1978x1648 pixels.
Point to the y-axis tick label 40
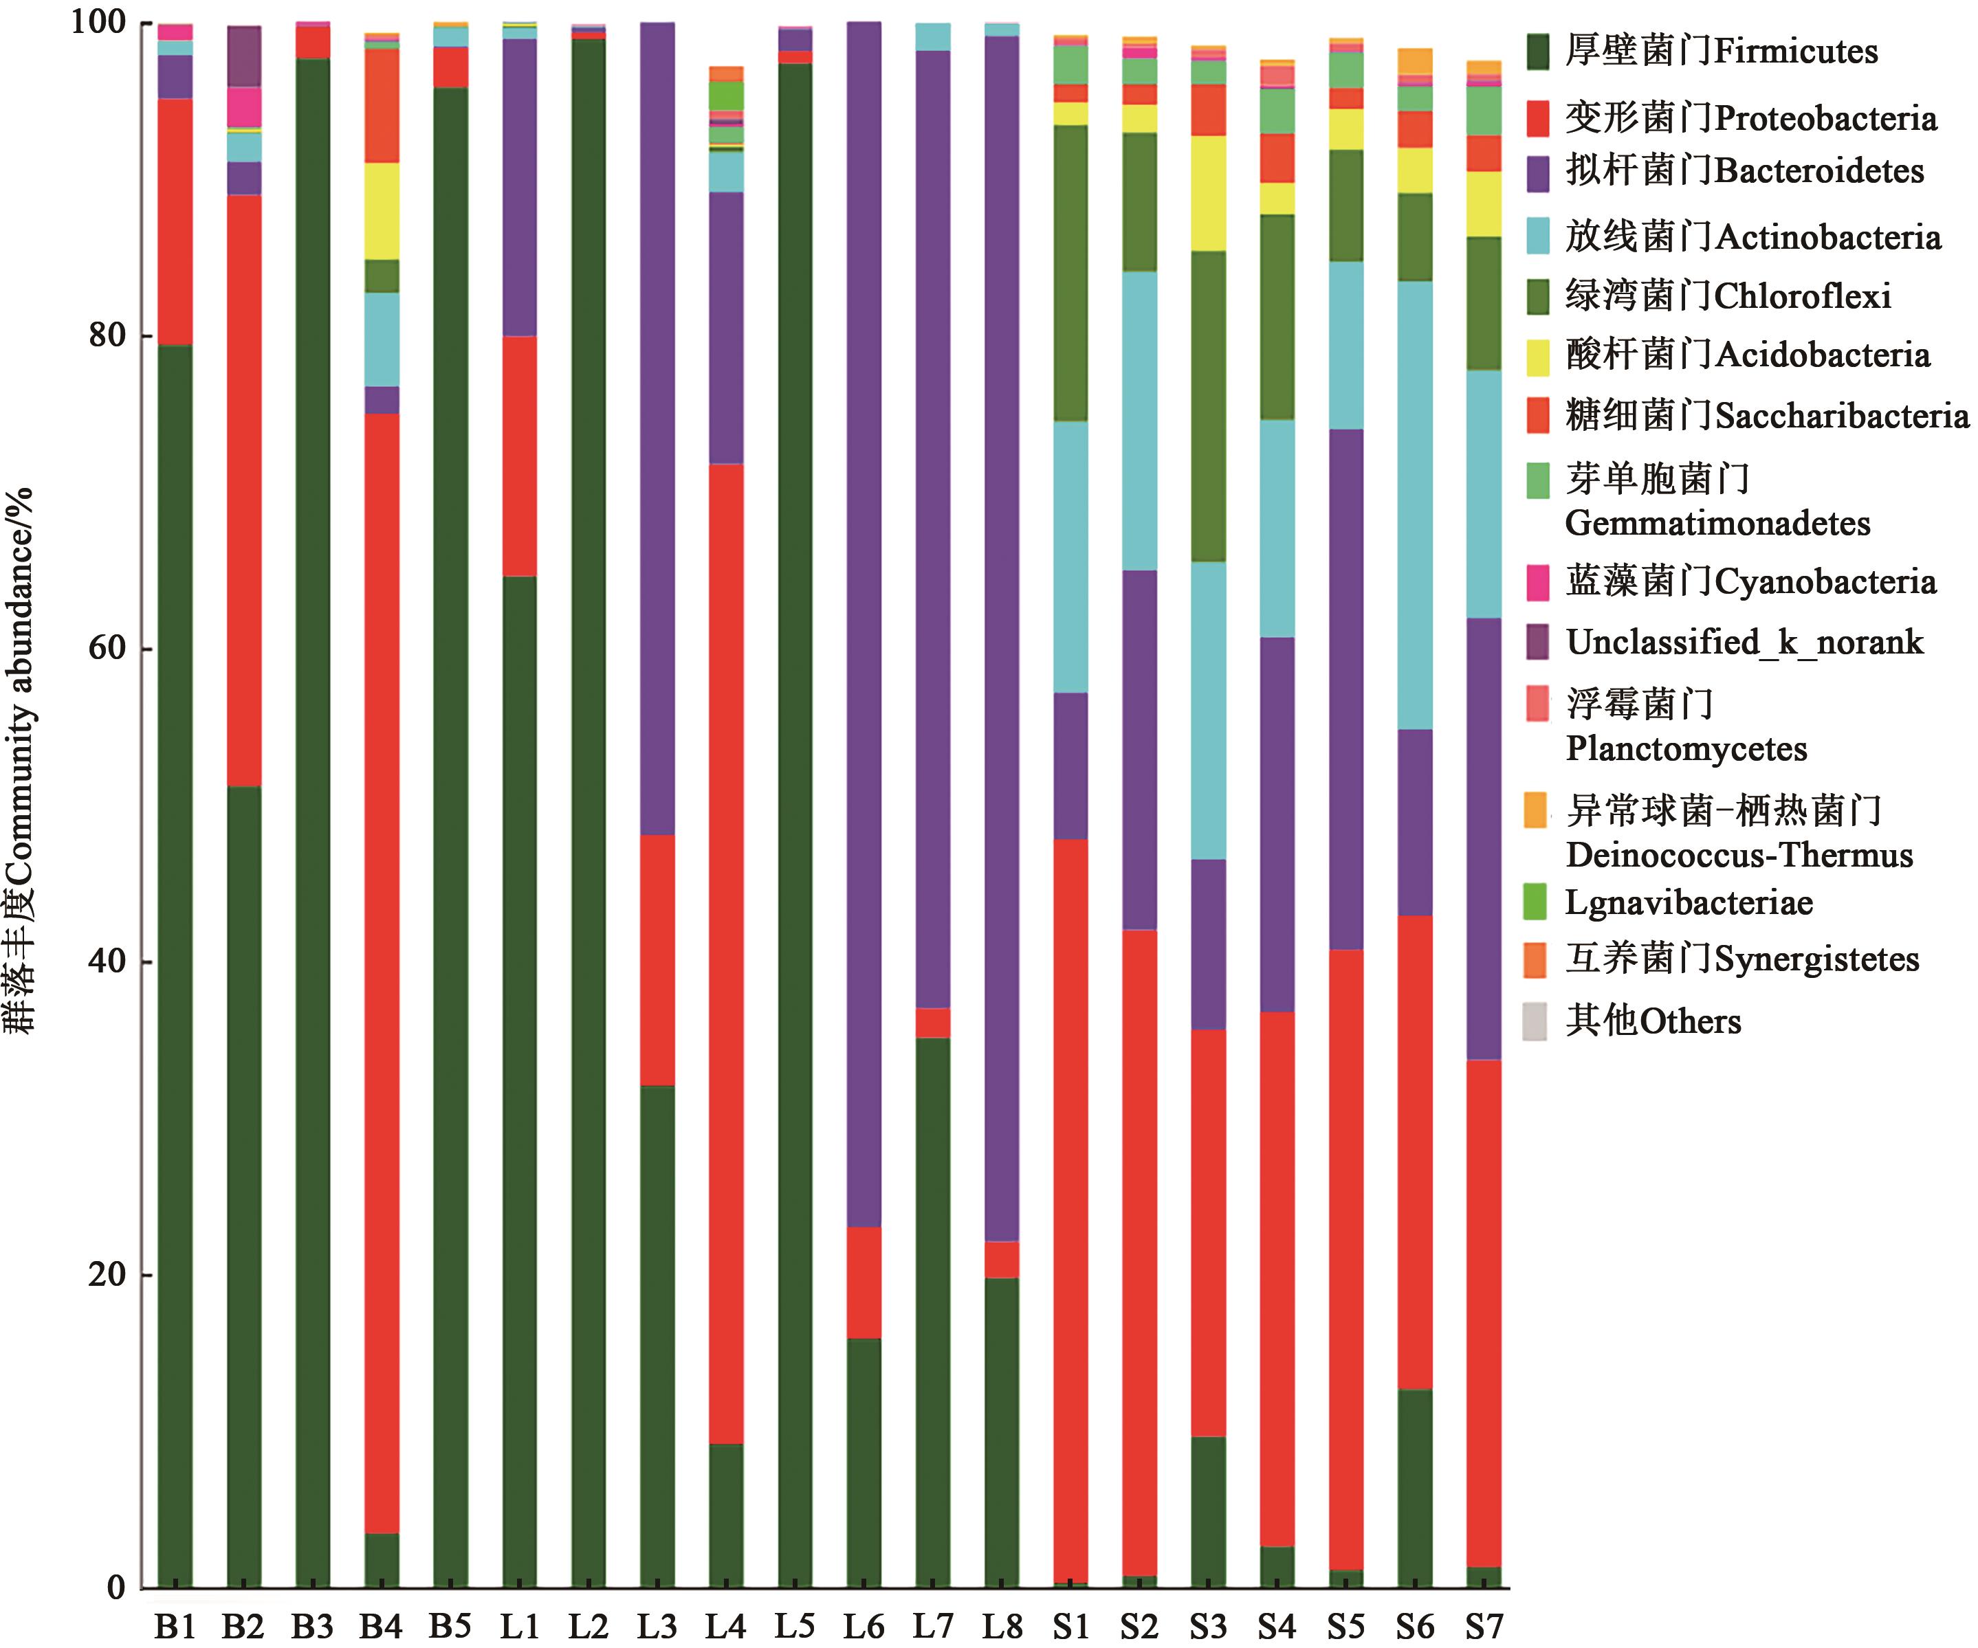[x=107, y=961]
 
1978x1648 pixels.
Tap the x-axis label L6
[x=864, y=1625]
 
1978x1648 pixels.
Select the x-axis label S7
[x=1484, y=1625]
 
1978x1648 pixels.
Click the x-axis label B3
[x=311, y=1625]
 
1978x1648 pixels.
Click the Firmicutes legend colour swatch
[x=1537, y=52]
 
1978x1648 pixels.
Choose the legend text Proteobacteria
[x=1825, y=119]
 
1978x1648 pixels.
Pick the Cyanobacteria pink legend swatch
[x=1537, y=582]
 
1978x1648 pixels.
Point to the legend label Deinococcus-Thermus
[x=1739, y=855]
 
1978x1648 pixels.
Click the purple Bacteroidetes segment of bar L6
[x=864, y=621]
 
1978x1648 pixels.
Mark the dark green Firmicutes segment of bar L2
[x=589, y=810]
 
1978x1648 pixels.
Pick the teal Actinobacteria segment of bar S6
[x=1415, y=504]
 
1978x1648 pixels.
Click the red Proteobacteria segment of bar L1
[x=519, y=456]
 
